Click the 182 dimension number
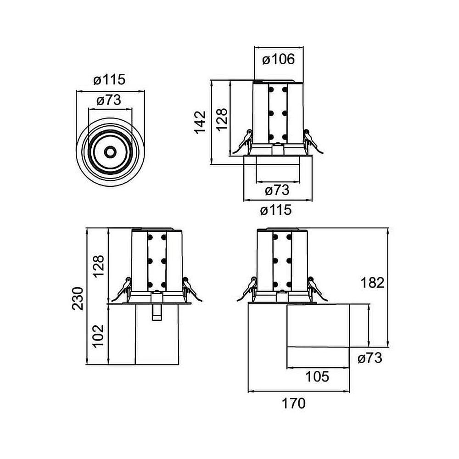click(x=372, y=283)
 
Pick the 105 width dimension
click(x=317, y=377)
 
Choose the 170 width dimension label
click(x=294, y=404)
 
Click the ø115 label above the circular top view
click(x=109, y=80)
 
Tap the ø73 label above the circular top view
click(x=109, y=101)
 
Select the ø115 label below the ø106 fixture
click(x=275, y=210)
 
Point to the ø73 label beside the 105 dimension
click(x=369, y=358)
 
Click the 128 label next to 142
click(x=221, y=119)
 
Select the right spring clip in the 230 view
click(x=190, y=289)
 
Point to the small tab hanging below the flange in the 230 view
click(x=157, y=312)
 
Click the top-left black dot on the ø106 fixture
click(x=271, y=90)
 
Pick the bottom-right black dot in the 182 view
click(x=289, y=285)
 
